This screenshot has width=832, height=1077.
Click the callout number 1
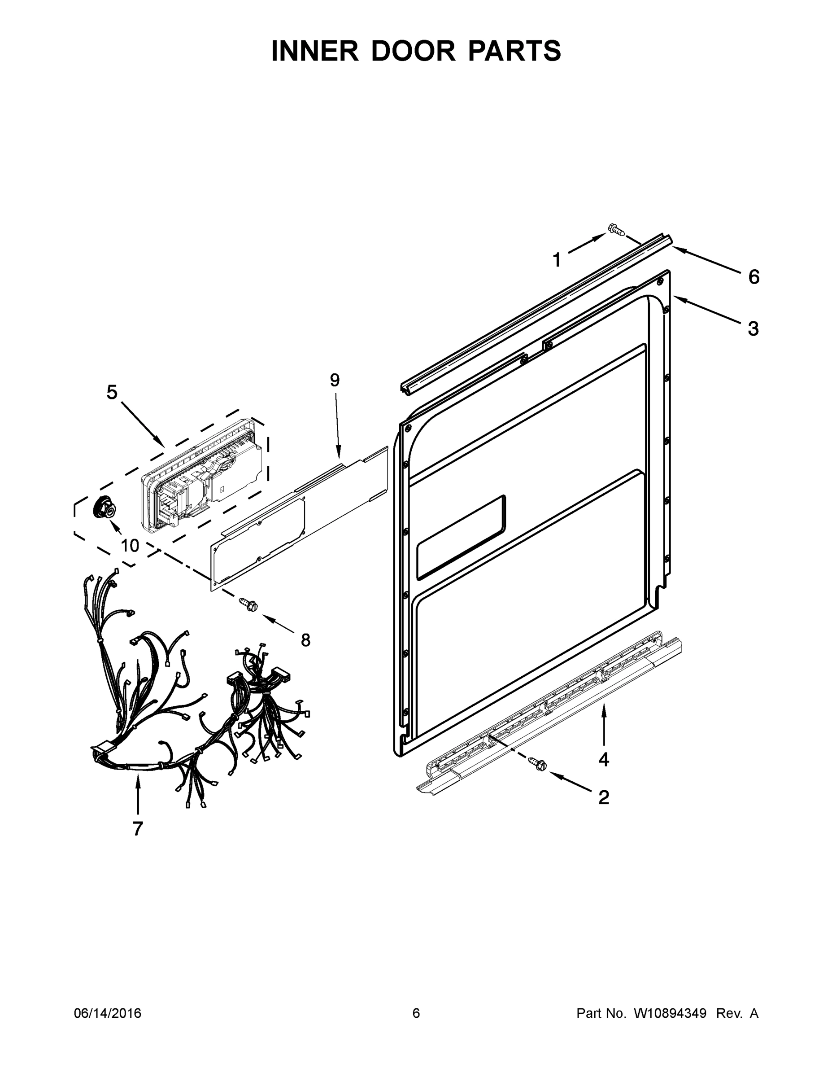pos(557,260)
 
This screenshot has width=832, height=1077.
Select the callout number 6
pos(754,277)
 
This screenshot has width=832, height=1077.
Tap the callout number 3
pos(753,328)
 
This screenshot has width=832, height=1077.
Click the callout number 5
pos(113,393)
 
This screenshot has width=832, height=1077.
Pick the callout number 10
pos(130,545)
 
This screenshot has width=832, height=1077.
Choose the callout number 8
pos(305,640)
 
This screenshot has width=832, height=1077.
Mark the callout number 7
pos(138,828)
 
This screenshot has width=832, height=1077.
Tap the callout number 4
pos(604,760)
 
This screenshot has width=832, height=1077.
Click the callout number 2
pos(604,797)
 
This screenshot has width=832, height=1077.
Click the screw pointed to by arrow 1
pos(616,229)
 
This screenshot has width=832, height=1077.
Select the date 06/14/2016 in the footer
pos(108,1013)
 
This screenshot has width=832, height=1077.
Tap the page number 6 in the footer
pos(416,1013)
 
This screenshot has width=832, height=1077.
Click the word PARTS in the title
pos(514,51)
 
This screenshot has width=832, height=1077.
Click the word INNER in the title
pos(315,51)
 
